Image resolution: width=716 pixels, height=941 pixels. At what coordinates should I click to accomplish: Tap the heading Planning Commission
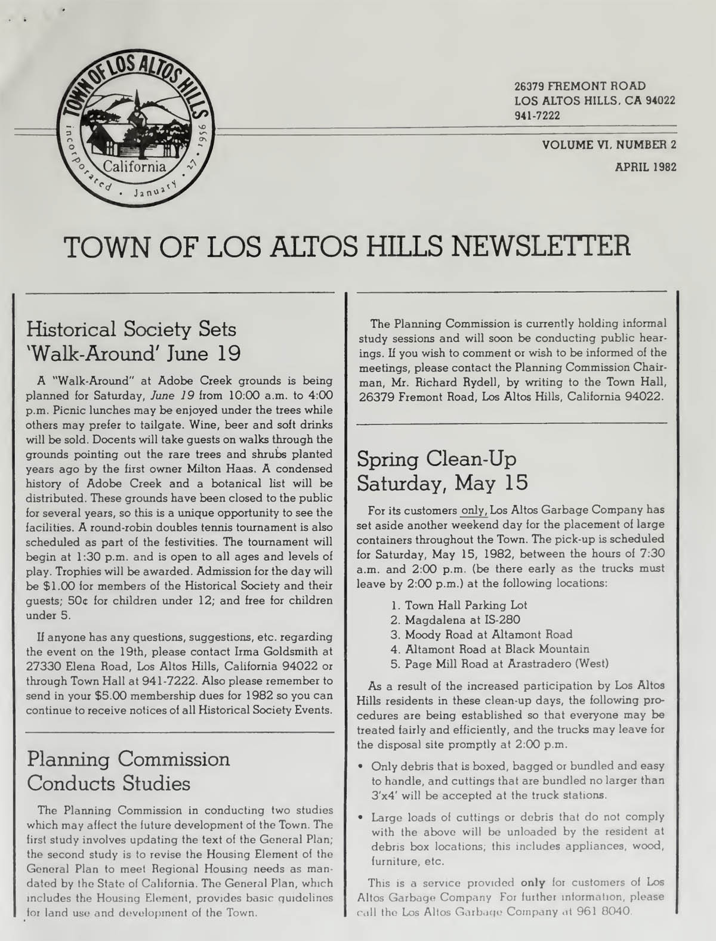pos(128,759)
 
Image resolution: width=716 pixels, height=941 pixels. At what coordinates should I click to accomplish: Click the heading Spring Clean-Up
pos(436,459)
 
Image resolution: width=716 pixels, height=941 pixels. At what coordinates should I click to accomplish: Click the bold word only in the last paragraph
pos(533,882)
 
